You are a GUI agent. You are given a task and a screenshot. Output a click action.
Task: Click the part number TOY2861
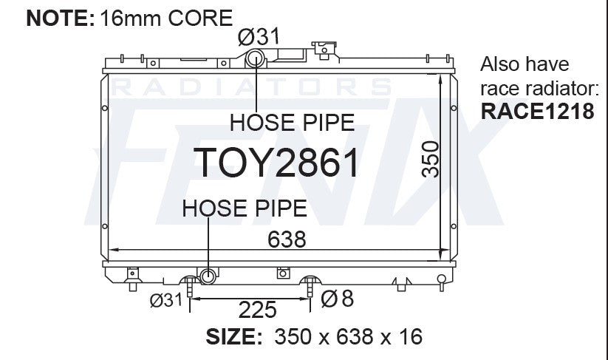276,163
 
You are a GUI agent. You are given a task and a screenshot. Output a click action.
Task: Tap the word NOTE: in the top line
61,18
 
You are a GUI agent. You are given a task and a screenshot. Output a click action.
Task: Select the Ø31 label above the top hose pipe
259,37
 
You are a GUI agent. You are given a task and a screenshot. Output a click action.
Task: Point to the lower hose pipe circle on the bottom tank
208,276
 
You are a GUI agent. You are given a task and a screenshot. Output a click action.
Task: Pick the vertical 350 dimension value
431,160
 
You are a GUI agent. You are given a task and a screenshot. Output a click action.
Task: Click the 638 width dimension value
287,240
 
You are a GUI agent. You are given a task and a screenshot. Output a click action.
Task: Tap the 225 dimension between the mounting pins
258,310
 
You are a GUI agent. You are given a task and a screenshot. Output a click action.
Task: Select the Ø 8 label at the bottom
338,299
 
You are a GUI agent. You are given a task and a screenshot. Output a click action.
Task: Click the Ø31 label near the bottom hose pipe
166,300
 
